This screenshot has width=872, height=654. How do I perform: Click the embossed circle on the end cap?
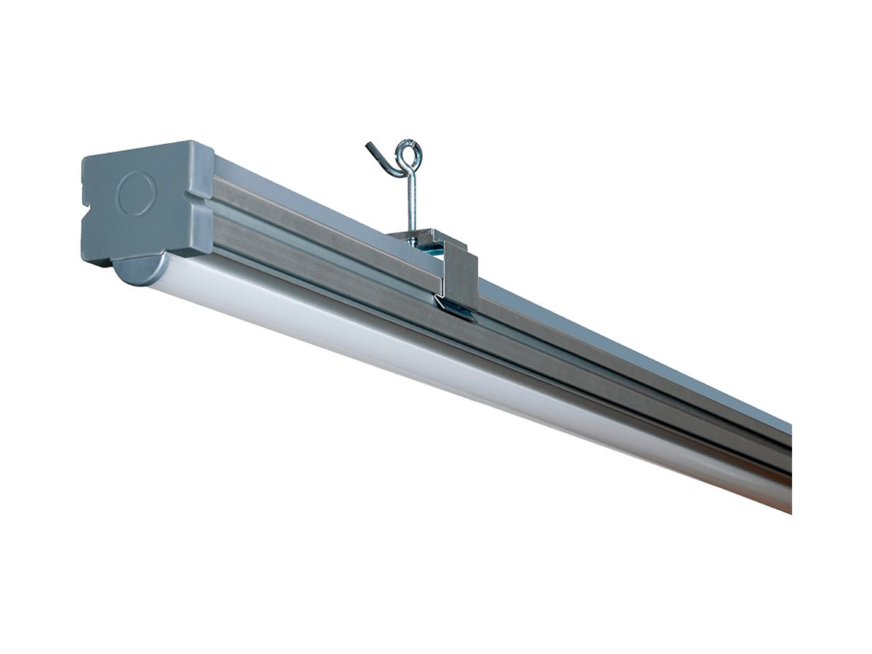(136, 194)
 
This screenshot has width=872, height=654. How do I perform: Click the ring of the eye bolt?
(409, 154)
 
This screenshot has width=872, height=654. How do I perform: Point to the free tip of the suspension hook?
(369, 146)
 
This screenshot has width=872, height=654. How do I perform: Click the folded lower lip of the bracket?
(455, 310)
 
